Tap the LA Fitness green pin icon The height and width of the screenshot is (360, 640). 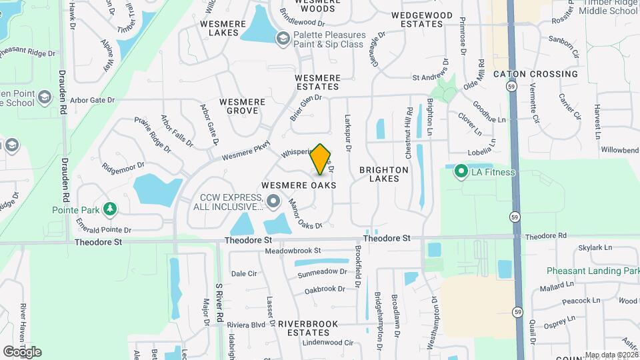[x=460, y=173]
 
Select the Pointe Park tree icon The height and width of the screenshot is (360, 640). [x=109, y=209]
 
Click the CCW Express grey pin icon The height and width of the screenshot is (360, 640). [x=273, y=201]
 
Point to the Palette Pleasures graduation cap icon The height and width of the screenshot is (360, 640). [x=283, y=39]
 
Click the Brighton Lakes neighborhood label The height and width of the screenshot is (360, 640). [x=384, y=175]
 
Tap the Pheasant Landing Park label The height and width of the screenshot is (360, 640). [x=593, y=271]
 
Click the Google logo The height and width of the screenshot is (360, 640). [x=22, y=351]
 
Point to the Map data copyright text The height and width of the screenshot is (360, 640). [x=611, y=355]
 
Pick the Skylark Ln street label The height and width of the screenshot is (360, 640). [x=595, y=248]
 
